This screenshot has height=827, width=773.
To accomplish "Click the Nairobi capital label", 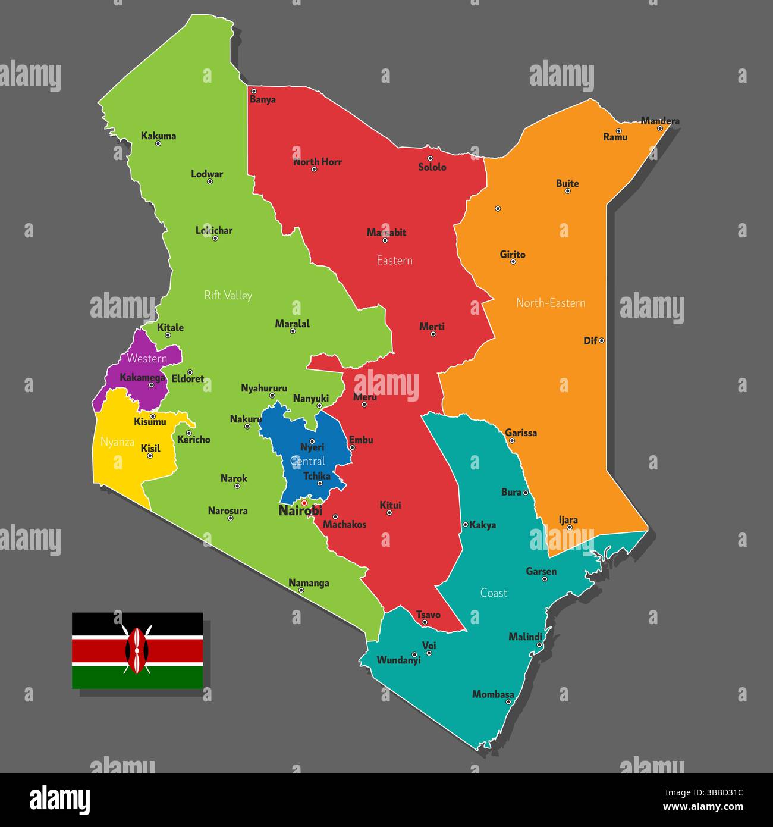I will [x=300, y=511].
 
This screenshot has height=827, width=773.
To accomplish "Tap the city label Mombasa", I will [x=493, y=694].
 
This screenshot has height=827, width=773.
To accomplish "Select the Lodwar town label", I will [x=207, y=174].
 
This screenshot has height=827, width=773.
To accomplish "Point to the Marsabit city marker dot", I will [x=385, y=240].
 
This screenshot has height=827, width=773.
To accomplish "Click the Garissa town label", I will [x=521, y=433].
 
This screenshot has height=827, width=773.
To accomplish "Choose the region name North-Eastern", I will [x=551, y=303].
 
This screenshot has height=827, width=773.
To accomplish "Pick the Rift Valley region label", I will [x=228, y=295].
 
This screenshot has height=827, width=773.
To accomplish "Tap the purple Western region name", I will [x=147, y=358].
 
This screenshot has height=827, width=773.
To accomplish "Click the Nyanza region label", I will [x=117, y=442].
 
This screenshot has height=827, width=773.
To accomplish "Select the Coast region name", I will [x=494, y=593].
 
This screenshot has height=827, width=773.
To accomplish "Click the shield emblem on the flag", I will [x=137, y=650].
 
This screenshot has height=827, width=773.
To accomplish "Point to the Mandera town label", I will [x=660, y=121].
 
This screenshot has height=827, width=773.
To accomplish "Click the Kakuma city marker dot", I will [x=158, y=143].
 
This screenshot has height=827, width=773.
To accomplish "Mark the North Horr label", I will [x=318, y=162].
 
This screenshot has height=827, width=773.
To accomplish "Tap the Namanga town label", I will [x=309, y=583].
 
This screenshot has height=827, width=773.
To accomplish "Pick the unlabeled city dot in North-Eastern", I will [x=498, y=209].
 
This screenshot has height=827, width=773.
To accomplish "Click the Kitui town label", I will [x=390, y=505].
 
